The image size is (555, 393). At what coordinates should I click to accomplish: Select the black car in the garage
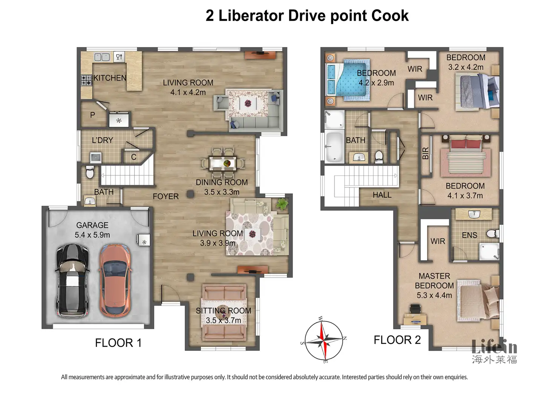(73, 281)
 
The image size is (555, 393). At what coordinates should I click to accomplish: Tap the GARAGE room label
(92, 225)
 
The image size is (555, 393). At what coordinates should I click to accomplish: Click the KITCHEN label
(110, 78)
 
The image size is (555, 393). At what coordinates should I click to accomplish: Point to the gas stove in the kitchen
(86, 80)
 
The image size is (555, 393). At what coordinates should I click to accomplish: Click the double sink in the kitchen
(102, 57)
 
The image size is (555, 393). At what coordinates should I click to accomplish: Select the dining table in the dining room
(223, 163)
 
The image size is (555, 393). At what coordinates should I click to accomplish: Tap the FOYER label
(166, 196)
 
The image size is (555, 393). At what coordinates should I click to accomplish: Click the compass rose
(323, 340)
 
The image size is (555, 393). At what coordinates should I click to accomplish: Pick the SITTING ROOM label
(223, 310)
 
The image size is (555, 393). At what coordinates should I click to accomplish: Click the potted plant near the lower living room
(282, 204)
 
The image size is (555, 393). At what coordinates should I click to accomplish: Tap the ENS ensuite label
(469, 235)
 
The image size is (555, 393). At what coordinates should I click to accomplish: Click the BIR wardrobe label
(425, 153)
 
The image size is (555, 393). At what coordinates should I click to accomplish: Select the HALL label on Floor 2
(382, 195)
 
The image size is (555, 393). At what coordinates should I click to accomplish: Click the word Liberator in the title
(251, 15)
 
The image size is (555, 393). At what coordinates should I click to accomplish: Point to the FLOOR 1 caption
(118, 343)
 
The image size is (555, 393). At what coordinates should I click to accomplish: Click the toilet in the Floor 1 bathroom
(90, 172)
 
